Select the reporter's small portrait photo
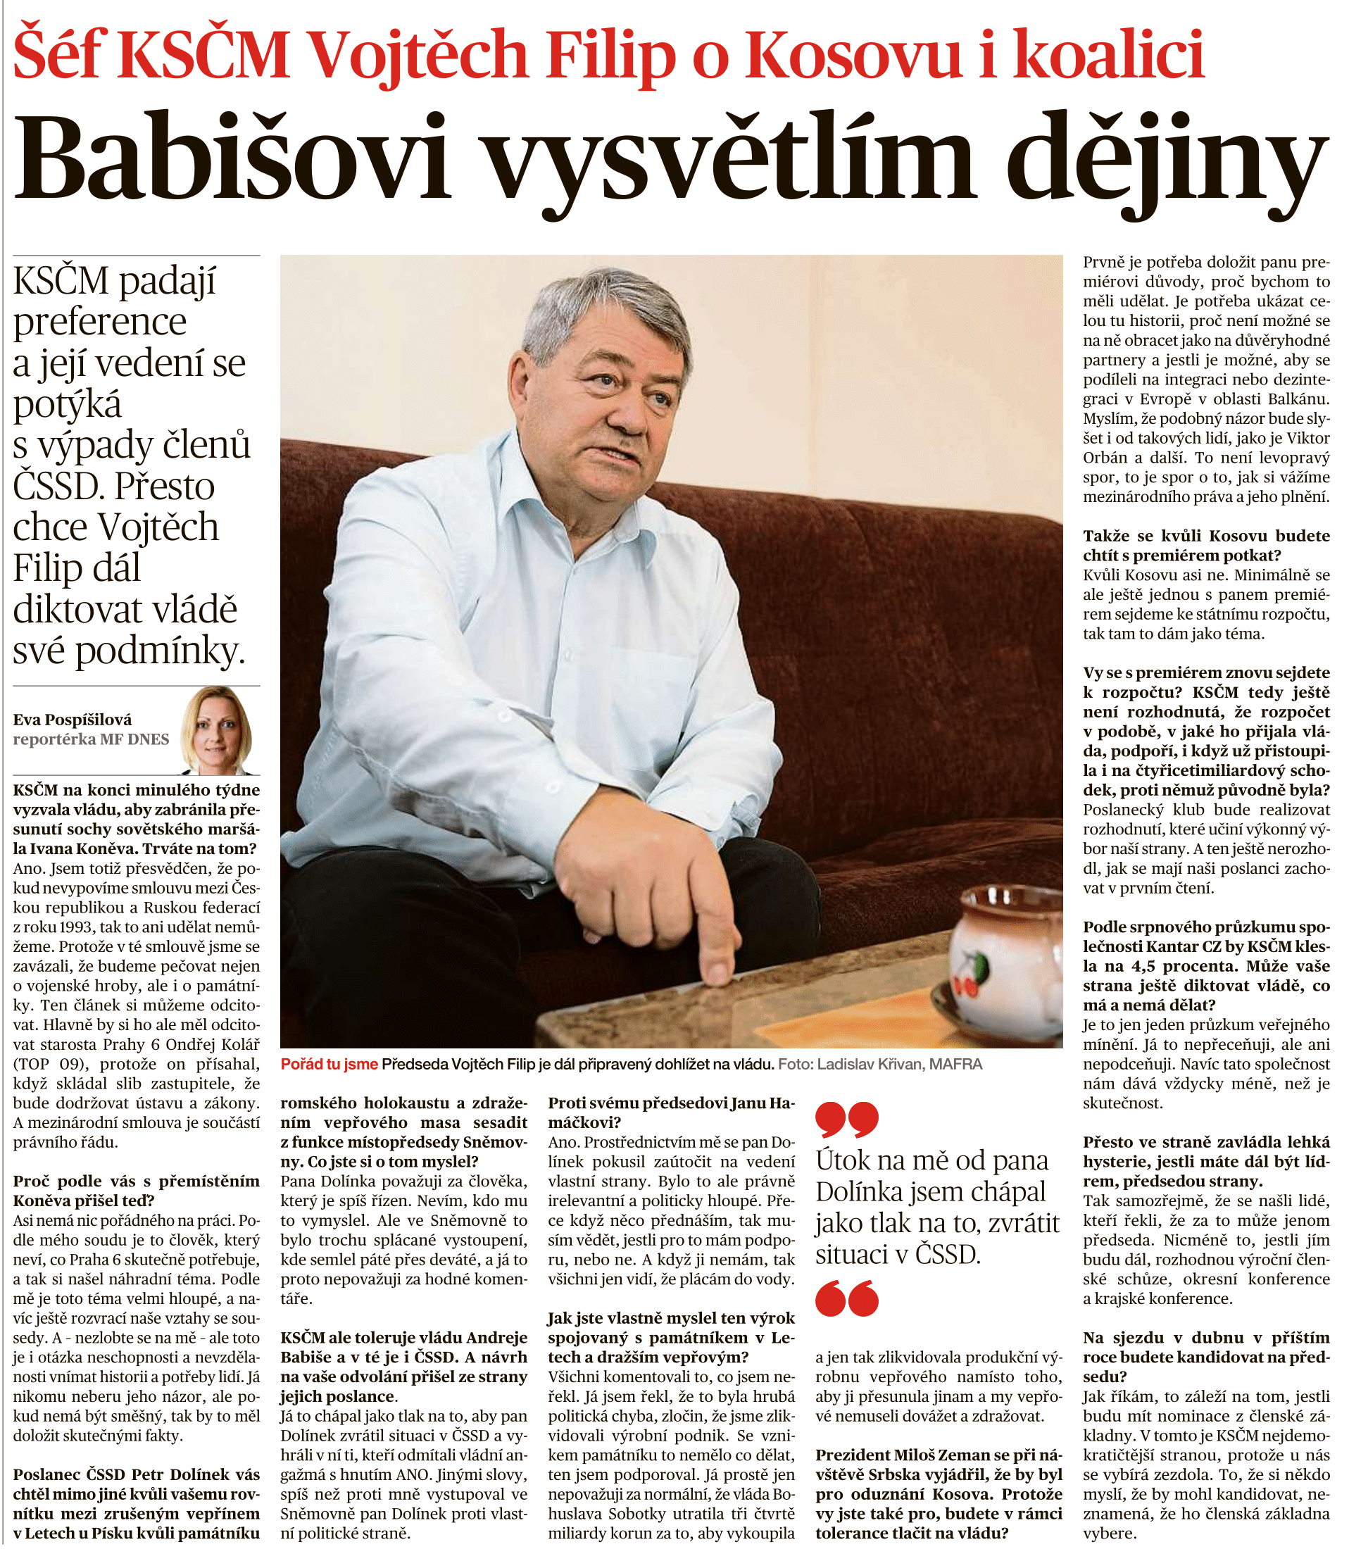[x=216, y=730]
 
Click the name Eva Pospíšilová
[x=73, y=720]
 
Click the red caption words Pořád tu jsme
[x=329, y=1064]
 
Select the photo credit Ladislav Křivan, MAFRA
[x=899, y=1064]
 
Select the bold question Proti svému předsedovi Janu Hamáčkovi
[x=670, y=1112]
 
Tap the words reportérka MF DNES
[x=90, y=739]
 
